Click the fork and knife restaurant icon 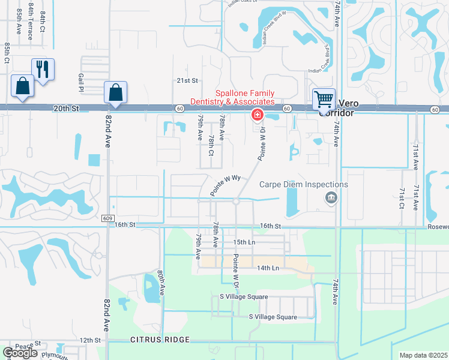pos(43,69)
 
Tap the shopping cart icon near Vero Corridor pos(324,98)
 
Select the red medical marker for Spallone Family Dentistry pos(257,114)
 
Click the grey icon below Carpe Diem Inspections pos(330,197)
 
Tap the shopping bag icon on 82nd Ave pos(115,93)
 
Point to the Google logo pos(20,353)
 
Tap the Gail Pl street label pos(80,83)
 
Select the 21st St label pos(187,81)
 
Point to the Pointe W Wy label pos(225,185)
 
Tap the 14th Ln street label pos(267,268)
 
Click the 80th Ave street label pos(161,281)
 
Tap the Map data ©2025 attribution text pos(423,355)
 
